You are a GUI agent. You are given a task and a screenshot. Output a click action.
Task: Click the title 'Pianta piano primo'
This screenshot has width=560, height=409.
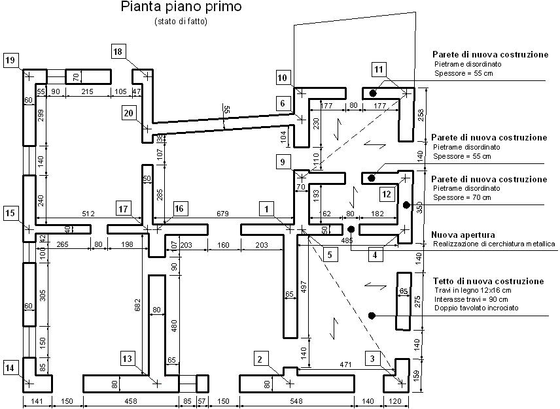pos(181,7)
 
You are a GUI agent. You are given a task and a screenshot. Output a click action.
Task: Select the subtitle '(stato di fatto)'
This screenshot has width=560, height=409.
pos(181,22)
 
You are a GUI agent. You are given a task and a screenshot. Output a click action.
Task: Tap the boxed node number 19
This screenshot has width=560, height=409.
pos(10,60)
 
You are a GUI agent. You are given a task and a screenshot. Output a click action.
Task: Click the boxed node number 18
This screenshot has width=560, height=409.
pos(118,52)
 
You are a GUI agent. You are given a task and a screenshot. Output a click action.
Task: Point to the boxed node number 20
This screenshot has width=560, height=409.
pos(129,114)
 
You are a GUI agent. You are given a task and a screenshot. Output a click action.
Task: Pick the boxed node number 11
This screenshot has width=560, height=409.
pos(379,69)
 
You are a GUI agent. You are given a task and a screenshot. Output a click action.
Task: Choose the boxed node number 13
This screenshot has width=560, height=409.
pos(128,359)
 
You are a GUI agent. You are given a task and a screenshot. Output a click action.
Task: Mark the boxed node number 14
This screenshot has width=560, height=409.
pos(10,368)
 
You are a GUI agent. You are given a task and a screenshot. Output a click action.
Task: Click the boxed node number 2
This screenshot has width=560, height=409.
pos(260,359)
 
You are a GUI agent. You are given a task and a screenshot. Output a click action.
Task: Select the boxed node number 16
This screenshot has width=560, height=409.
pos(179,208)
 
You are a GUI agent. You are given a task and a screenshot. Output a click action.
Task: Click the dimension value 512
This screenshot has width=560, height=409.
pos(88,214)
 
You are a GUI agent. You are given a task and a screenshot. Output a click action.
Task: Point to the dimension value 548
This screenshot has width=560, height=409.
pos(296,401)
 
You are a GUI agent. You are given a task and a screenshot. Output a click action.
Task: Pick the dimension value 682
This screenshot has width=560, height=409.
pos(138,306)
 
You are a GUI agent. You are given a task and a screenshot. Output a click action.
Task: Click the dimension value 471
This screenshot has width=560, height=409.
pos(345,365)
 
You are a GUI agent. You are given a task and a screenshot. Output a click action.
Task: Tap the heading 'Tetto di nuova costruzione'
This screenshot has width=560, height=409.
pos(489,281)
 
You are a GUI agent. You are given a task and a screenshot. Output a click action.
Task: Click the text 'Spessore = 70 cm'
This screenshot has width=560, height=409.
pos(462,197)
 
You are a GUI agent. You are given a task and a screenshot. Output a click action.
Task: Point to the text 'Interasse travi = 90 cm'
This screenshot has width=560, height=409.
pos(472,299)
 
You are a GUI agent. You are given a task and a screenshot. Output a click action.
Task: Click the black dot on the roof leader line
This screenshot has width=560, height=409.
pos(372,316)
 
